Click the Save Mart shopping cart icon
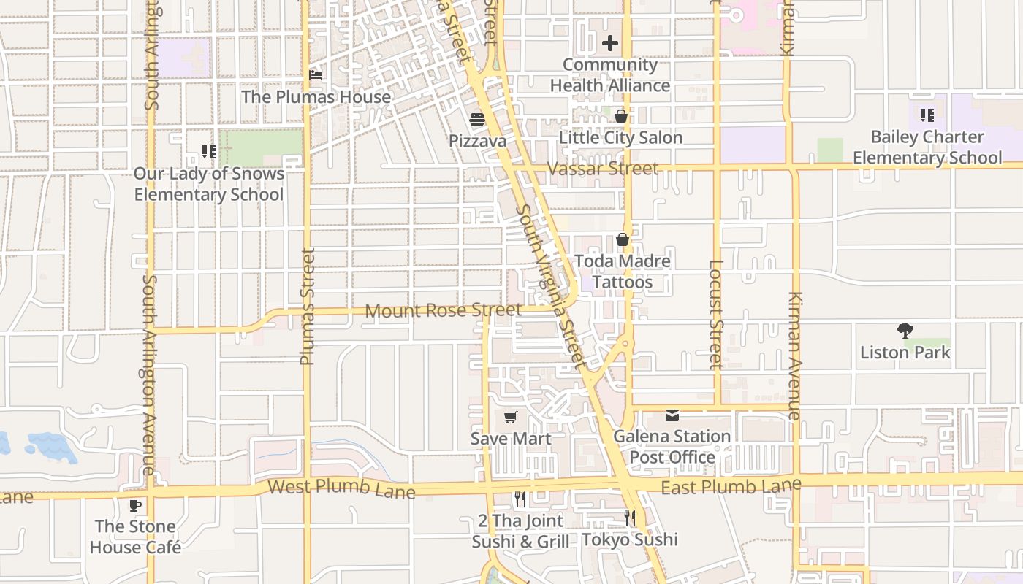[x=510, y=418]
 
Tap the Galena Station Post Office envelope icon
[x=672, y=415]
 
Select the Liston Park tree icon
[x=905, y=331]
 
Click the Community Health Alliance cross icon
[x=610, y=43]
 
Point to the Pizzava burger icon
[x=477, y=120]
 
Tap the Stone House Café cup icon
[x=135, y=505]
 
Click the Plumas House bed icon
[x=316, y=75]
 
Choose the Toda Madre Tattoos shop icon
[x=622, y=239]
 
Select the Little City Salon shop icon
[x=620, y=116]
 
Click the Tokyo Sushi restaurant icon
[x=629, y=518]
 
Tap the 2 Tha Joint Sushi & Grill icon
[x=520, y=499]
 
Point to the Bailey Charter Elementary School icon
[x=927, y=115]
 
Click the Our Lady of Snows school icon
[x=209, y=152]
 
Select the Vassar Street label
[x=603, y=169]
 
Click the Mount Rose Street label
[x=443, y=311]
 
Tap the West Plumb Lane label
[x=341, y=488]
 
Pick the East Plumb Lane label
[x=731, y=486]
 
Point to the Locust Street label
[x=716, y=315]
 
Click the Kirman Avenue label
[x=795, y=356]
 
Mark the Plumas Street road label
[x=307, y=307]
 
